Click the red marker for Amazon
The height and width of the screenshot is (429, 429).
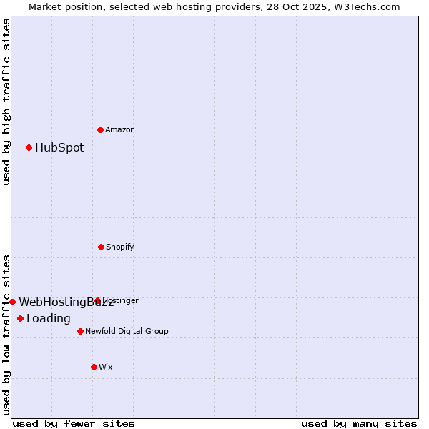coord(100,129)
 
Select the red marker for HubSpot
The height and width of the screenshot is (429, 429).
coord(29,147)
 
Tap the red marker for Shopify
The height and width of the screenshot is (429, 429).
coord(101,247)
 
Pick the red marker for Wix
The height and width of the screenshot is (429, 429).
coord(94,367)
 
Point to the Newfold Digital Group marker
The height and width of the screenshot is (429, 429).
coord(80,331)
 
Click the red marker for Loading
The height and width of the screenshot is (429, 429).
coord(20,318)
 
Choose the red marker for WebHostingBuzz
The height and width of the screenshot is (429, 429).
coord(12,302)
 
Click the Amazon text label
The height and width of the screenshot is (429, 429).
coord(120,129)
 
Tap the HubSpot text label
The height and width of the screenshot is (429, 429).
coord(59,148)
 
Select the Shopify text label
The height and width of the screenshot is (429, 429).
coord(120,247)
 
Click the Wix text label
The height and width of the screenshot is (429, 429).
coord(106,367)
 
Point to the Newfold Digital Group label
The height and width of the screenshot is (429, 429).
coord(127,331)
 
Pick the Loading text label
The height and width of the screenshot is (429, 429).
coord(49,319)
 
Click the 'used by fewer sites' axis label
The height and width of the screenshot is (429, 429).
coord(74,423)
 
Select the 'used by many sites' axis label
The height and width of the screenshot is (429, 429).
coord(359,423)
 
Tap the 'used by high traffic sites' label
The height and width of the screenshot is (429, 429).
coord(6,102)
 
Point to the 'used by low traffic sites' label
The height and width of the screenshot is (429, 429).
coord(6,335)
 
